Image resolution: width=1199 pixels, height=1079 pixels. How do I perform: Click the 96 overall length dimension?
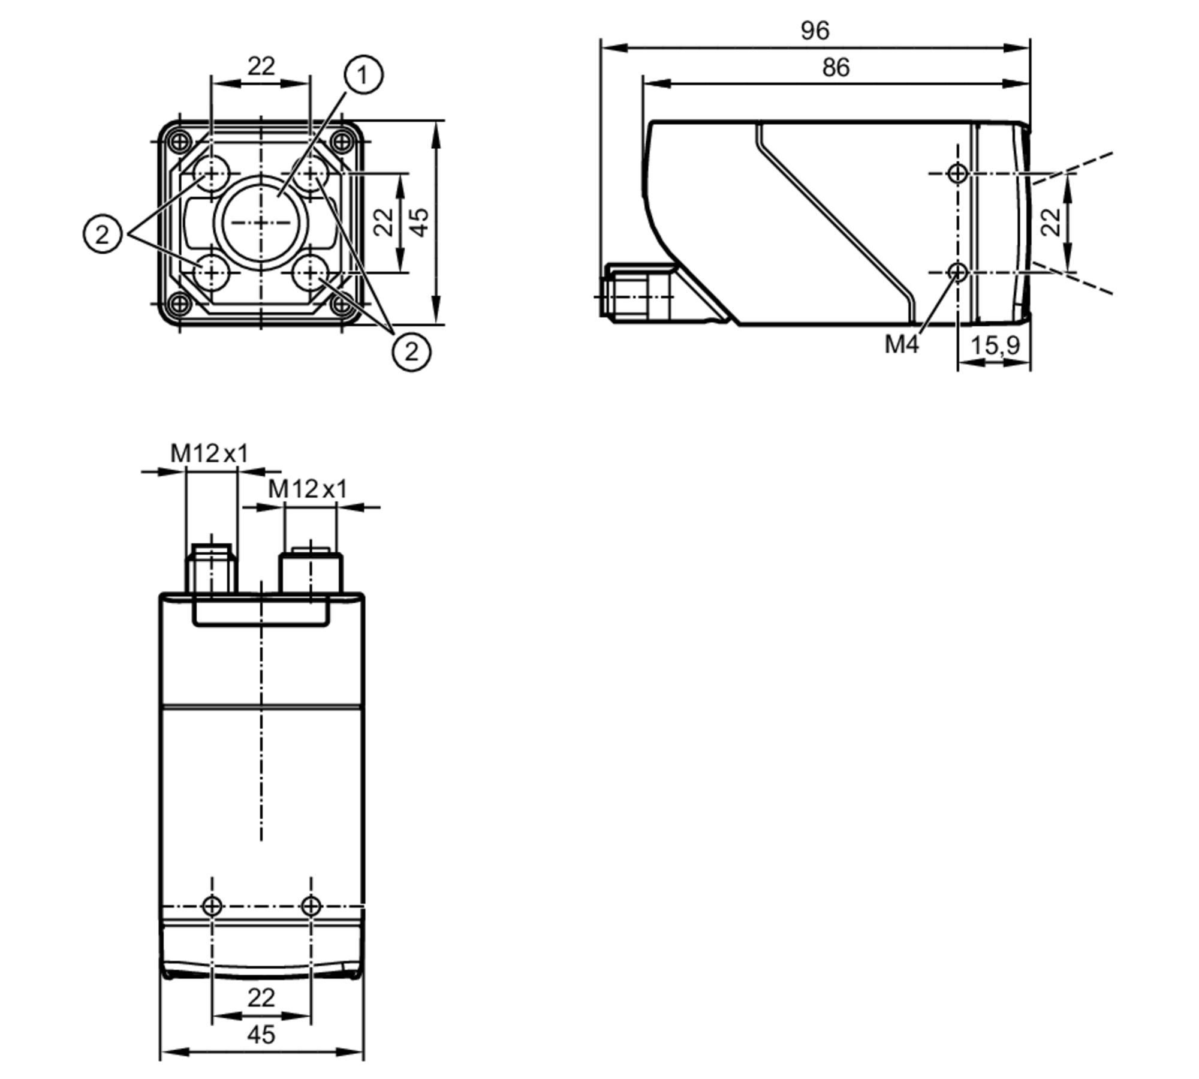(x=815, y=31)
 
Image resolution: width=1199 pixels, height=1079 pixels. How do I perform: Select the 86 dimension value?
(x=835, y=68)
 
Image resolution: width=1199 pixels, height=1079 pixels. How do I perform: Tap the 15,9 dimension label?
(x=995, y=345)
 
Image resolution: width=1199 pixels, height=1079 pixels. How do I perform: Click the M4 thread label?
(x=901, y=344)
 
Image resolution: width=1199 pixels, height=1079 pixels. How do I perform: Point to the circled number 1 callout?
(x=363, y=75)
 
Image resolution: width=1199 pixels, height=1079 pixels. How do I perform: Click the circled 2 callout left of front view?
(x=103, y=233)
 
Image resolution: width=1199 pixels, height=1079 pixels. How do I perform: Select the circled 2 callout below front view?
(x=411, y=351)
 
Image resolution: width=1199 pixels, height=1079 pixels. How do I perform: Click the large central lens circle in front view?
(x=261, y=223)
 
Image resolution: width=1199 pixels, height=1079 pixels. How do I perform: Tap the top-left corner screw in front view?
(x=180, y=142)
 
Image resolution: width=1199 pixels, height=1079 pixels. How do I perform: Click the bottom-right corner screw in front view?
(x=342, y=304)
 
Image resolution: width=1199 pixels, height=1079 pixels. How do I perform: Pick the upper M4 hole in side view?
(x=957, y=173)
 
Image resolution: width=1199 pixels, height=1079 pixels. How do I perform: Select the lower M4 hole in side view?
(x=957, y=272)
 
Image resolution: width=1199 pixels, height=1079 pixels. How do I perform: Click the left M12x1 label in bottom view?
(x=209, y=453)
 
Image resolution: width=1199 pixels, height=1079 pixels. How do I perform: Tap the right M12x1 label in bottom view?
(x=307, y=489)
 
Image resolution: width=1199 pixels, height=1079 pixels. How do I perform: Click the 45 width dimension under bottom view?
(x=261, y=1035)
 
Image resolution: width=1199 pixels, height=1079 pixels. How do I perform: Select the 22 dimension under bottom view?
(x=261, y=998)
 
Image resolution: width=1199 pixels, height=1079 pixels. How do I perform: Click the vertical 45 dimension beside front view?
(x=421, y=223)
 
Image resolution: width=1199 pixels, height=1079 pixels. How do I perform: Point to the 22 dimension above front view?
(x=261, y=66)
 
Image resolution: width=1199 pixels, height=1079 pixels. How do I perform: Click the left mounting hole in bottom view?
(x=212, y=906)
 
